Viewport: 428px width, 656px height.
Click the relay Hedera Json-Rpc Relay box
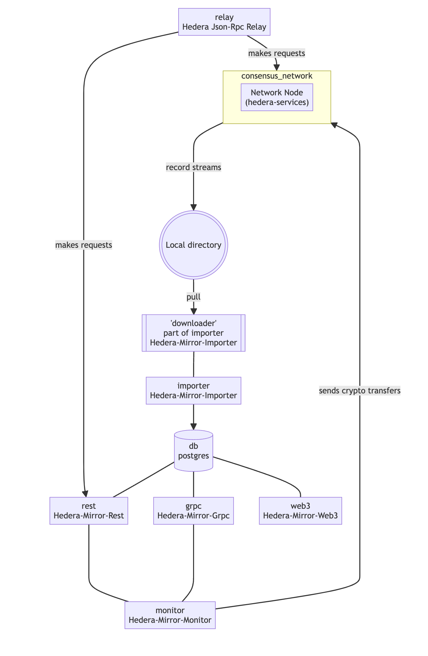click(x=224, y=22)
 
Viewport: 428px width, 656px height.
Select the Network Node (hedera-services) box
click(x=277, y=97)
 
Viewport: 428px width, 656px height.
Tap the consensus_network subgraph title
click(x=277, y=76)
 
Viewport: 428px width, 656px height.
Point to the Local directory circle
click(x=193, y=245)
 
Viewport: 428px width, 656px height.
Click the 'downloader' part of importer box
click(x=193, y=333)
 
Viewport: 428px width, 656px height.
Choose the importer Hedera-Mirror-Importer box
click(x=193, y=391)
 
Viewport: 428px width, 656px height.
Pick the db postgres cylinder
click(x=193, y=451)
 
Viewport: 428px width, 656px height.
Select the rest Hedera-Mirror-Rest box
click(x=89, y=511)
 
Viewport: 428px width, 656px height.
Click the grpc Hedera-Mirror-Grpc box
click(x=193, y=511)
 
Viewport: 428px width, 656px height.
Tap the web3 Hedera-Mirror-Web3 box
click(x=300, y=511)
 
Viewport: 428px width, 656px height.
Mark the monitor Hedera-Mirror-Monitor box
click(x=170, y=615)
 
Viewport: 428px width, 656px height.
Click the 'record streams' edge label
click(x=193, y=168)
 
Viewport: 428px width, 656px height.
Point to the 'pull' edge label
click(x=193, y=297)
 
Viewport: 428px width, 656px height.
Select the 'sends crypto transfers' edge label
click(x=359, y=391)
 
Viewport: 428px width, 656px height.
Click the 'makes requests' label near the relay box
click(x=276, y=53)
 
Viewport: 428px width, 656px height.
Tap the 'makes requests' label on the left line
click(x=84, y=245)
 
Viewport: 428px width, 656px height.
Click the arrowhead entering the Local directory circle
click(x=193, y=207)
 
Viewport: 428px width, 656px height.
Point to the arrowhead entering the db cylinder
click(x=193, y=427)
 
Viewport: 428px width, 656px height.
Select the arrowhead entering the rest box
click(x=85, y=494)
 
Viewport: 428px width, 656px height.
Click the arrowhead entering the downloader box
click(x=193, y=311)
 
